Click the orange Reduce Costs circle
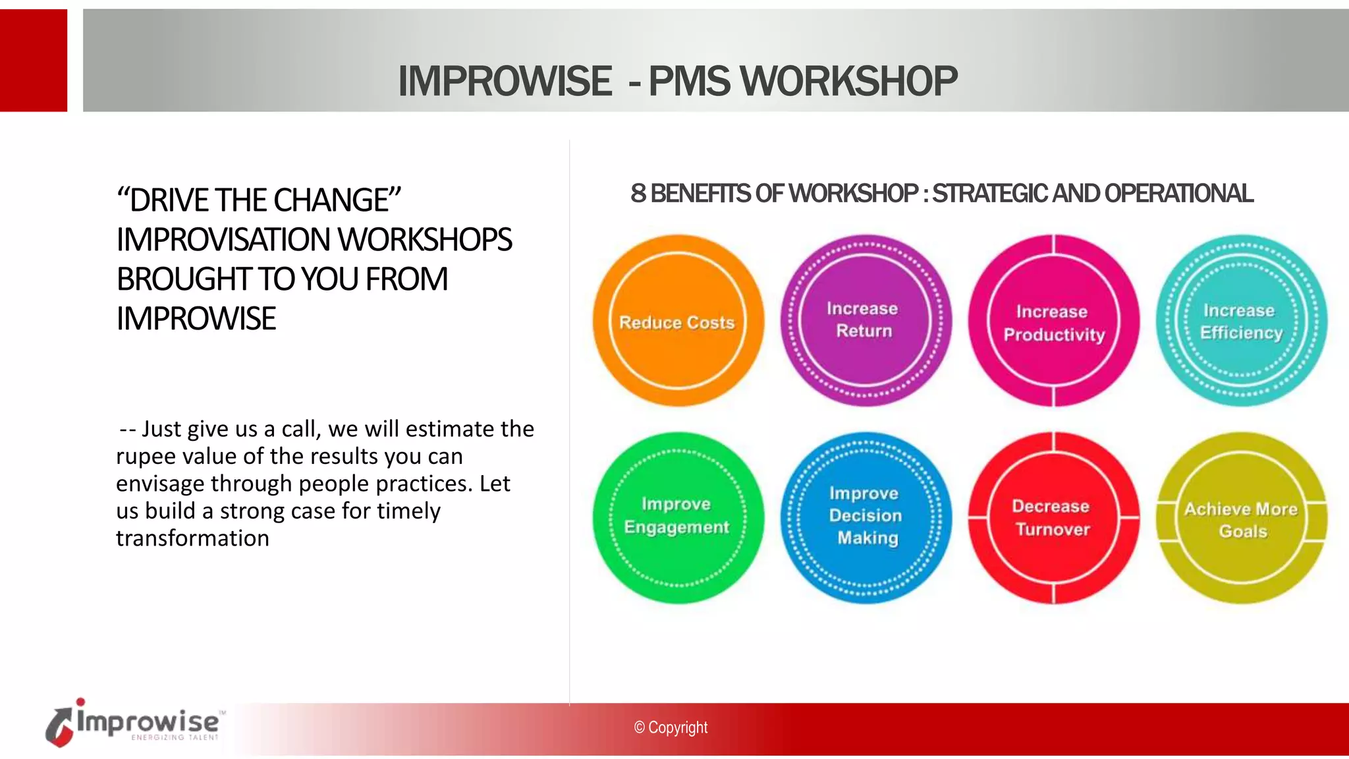678,321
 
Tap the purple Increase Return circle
866,320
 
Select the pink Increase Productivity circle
1053,321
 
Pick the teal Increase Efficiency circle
1241,320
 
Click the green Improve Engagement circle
678,518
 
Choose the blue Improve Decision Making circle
866,518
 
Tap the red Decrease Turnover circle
1053,518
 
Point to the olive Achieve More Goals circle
1241,518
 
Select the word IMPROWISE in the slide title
505,82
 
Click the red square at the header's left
33,60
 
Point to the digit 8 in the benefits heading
638,194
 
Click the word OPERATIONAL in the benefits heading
1178,194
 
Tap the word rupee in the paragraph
145,457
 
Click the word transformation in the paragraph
192,538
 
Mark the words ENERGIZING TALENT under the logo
175,738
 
